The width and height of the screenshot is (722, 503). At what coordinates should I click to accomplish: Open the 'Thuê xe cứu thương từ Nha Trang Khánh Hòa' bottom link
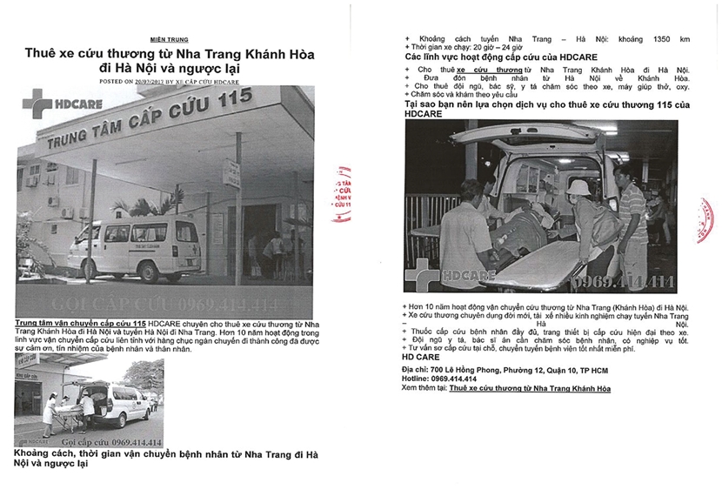click(x=530, y=388)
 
